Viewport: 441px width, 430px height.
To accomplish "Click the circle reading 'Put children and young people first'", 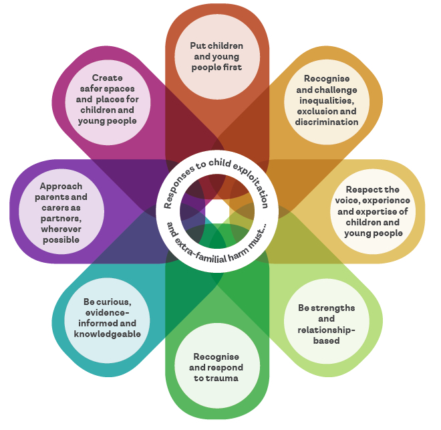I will tap(216, 57).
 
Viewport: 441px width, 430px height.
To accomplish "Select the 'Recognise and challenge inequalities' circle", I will tap(326, 100).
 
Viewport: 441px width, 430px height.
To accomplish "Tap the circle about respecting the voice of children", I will tap(374, 211).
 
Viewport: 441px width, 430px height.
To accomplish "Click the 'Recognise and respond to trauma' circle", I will tap(216, 367).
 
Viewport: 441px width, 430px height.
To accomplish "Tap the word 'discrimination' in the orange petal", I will tap(327, 122).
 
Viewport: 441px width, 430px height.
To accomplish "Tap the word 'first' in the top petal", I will tap(233, 67).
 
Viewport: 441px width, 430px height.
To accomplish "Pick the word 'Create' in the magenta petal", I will tap(108, 78).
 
